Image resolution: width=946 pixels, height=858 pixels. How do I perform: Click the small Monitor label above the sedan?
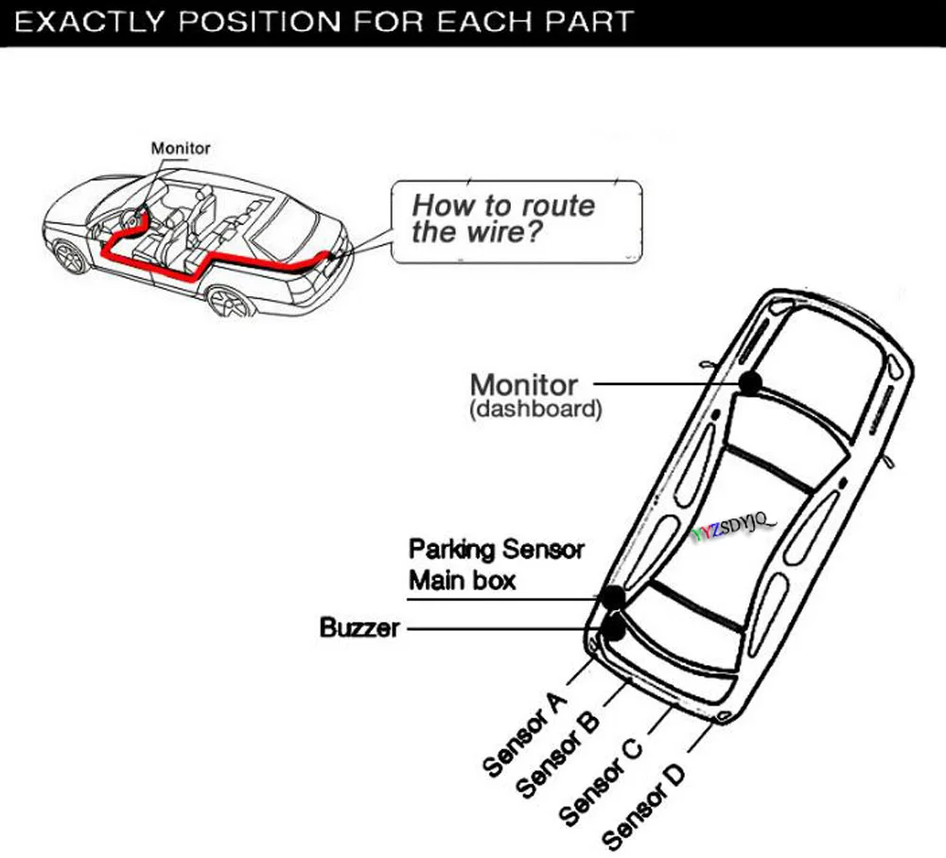coord(181,149)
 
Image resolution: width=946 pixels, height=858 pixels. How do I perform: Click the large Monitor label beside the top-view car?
coord(523,385)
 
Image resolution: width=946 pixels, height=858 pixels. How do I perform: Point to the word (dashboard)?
coord(535,411)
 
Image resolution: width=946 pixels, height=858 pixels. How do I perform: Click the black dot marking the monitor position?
coord(751,382)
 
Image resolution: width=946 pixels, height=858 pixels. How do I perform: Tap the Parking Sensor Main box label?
coord(496,564)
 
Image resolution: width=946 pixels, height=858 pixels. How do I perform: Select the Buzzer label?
coord(359,627)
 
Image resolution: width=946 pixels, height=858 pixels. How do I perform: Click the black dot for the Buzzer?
coord(616,625)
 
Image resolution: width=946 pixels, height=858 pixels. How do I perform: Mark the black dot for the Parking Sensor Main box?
coord(613,597)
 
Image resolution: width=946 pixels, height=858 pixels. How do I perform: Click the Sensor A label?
coord(525,733)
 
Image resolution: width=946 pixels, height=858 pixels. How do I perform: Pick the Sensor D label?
coord(643,805)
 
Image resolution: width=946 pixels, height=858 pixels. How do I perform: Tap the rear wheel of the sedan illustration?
coord(228,303)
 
